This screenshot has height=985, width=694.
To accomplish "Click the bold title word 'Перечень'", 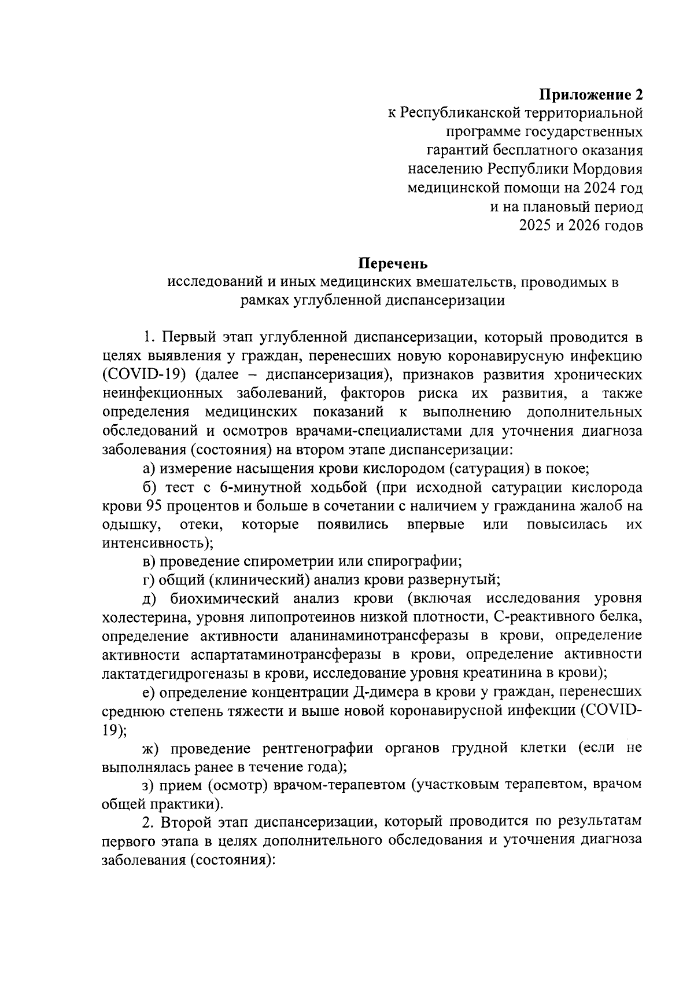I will [393, 264].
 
